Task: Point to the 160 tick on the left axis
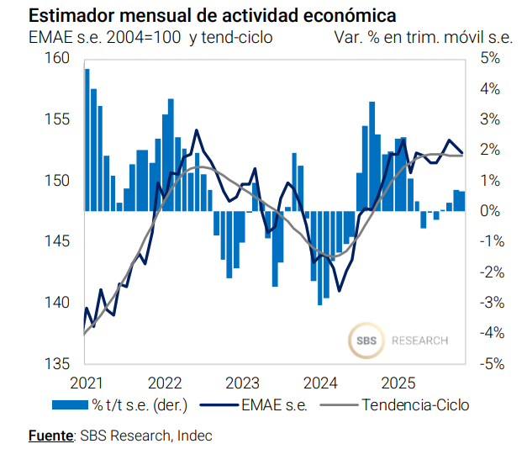pos(57,58)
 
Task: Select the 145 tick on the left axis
pos(57,242)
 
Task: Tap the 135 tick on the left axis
pos(57,364)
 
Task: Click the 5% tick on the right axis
pos(491,58)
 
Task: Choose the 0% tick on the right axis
pos(491,211)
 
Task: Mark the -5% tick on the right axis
pos(489,364)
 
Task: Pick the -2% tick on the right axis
pos(489,272)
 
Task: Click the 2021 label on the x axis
pos(84,383)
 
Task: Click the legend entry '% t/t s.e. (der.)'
pos(119,405)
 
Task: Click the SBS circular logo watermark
pos(363,341)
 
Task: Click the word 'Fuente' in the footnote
pos(50,436)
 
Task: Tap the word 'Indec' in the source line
pos(195,436)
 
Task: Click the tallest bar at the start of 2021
pos(87,140)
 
